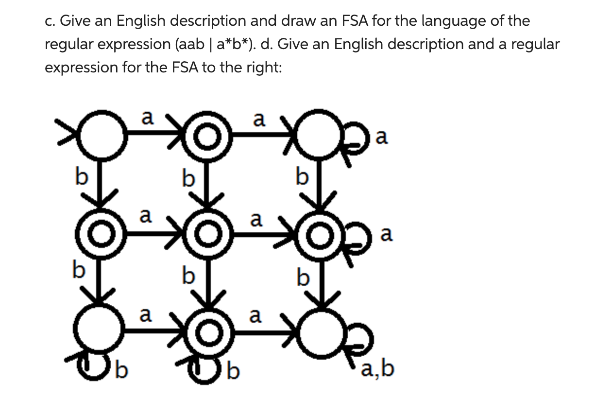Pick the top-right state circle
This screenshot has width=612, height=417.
click(x=318, y=138)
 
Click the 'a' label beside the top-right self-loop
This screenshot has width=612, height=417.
click(x=382, y=139)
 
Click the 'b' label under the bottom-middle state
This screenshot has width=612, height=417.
click(x=234, y=372)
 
